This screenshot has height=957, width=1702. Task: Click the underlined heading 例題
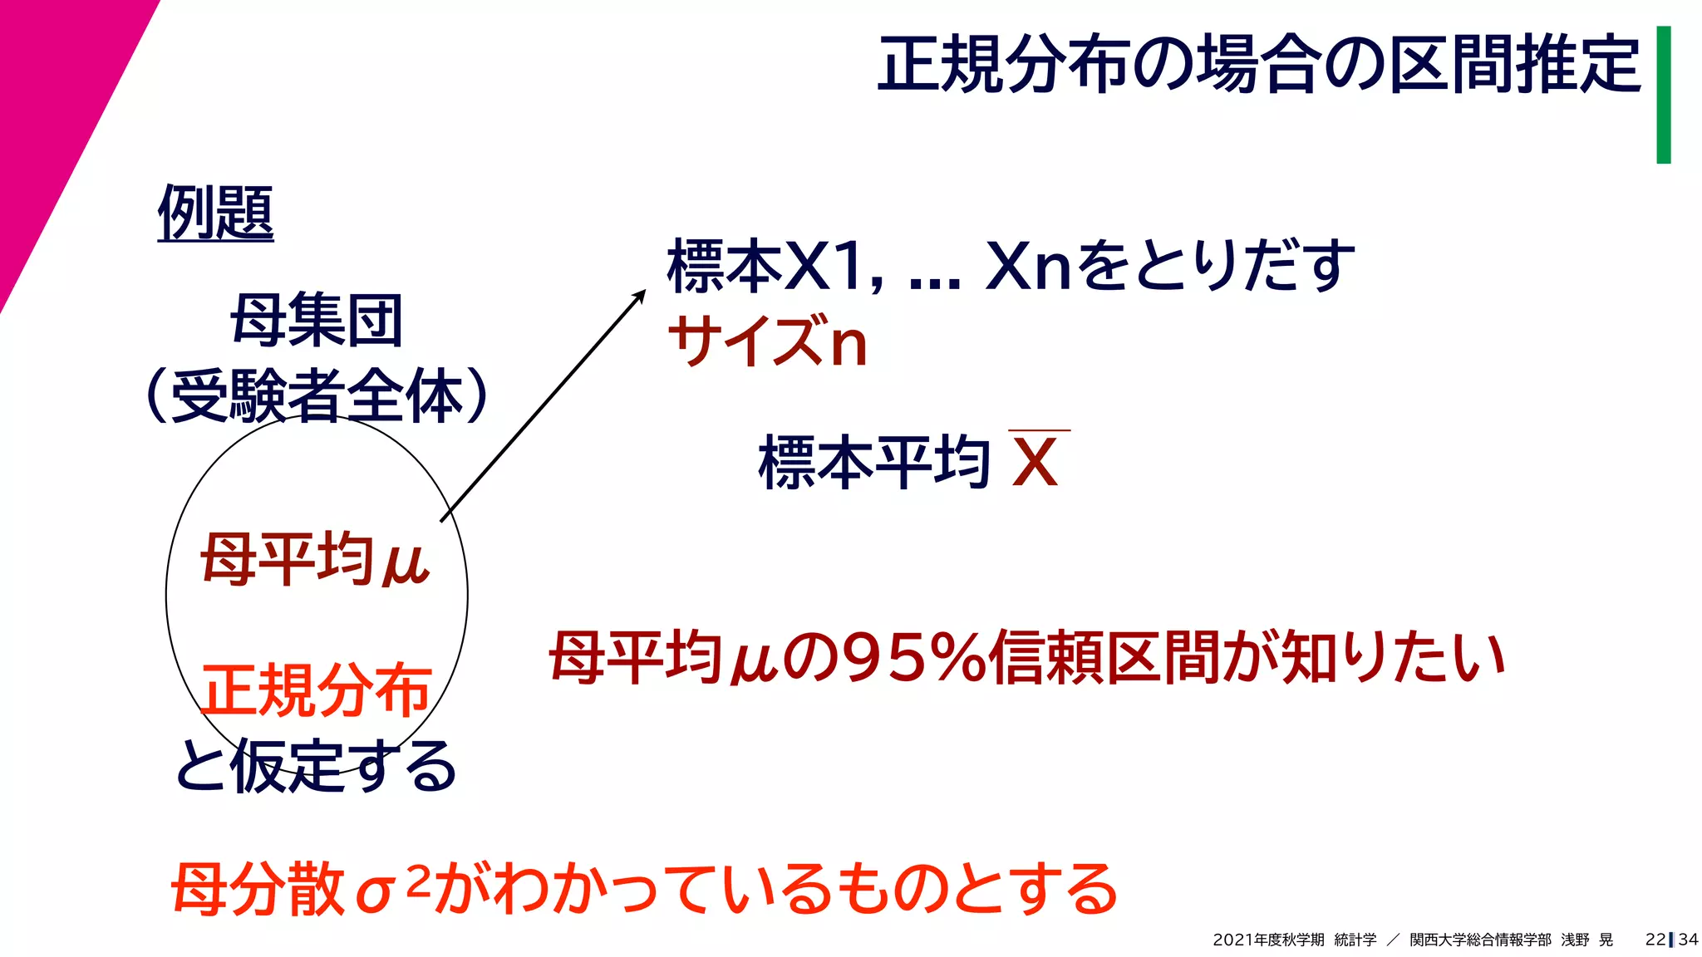pyautogui.click(x=215, y=213)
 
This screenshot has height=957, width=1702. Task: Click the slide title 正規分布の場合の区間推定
pyautogui.click(x=1258, y=64)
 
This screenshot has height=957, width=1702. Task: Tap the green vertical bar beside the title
pyautogui.click(x=1663, y=94)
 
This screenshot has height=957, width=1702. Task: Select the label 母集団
pyautogui.click(x=317, y=320)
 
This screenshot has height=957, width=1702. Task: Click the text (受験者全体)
pyautogui.click(x=317, y=395)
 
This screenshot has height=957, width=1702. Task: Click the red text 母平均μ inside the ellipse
pyautogui.click(x=315, y=559)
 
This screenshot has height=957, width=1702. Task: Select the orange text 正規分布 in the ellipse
pyautogui.click(x=316, y=690)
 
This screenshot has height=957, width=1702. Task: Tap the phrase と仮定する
pyautogui.click(x=316, y=765)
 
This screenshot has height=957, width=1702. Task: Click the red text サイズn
pyautogui.click(x=768, y=341)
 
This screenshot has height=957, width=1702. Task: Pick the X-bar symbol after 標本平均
pyautogui.click(x=1035, y=461)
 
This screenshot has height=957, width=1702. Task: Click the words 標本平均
pyautogui.click(x=873, y=462)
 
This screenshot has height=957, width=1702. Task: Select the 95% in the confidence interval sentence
pyautogui.click(x=914, y=658)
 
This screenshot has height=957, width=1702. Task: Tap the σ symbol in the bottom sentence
pyautogui.click(x=374, y=894)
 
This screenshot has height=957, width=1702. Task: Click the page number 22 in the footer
pyautogui.click(x=1655, y=940)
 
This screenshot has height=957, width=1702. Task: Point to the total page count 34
pyautogui.click(x=1688, y=940)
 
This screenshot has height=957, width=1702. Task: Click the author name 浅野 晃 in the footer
pyautogui.click(x=1586, y=940)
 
